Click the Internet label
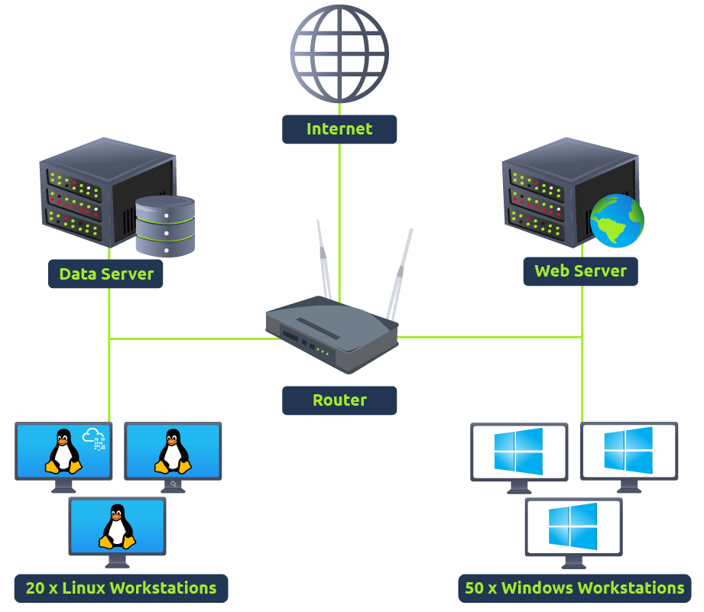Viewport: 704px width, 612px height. pos(339,129)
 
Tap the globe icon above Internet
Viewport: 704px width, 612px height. pos(339,54)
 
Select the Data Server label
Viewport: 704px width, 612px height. pos(105,274)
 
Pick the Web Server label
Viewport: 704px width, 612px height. pos(580,271)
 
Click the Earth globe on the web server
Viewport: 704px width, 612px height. pos(617,221)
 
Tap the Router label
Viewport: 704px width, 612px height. pos(339,400)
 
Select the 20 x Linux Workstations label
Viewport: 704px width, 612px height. pos(121,588)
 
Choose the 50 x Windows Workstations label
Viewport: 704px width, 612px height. pos(574,588)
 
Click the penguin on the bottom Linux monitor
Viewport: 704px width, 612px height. pos(117,526)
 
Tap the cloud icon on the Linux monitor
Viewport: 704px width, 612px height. pos(96,438)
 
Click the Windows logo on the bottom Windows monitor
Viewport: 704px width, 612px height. pos(573,526)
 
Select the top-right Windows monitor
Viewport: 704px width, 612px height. pos(628,451)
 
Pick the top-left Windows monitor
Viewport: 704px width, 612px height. pos(519,452)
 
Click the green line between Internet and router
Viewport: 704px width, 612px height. pos(339,199)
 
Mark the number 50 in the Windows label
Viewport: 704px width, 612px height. pos(475,588)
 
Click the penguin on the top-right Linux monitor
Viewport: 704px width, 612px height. pos(173,451)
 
